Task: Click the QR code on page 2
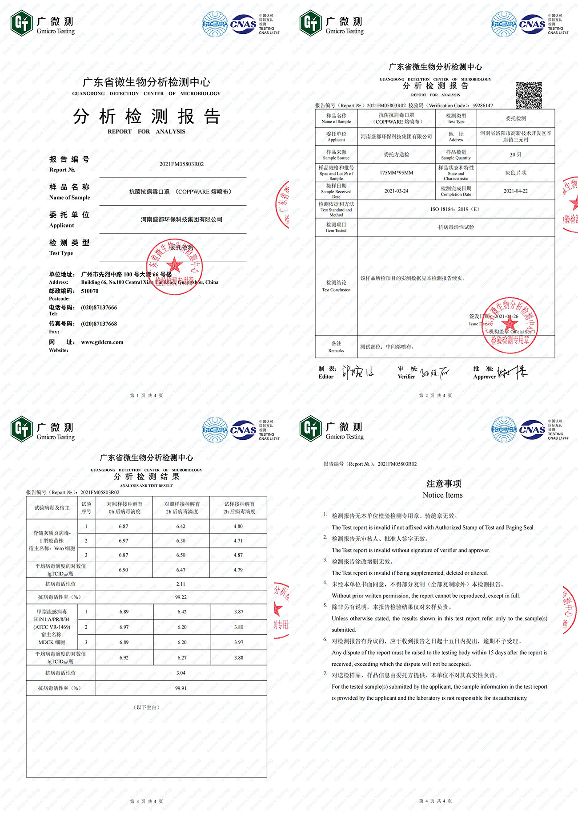529,95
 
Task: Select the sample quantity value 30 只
515,154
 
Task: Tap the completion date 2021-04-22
515,191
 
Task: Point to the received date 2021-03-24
396,191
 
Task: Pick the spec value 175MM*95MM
396,173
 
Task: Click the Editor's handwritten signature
357,372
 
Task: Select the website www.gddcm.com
102,342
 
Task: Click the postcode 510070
90,291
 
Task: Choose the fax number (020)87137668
99,324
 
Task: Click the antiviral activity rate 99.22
181,597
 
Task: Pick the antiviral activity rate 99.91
181,688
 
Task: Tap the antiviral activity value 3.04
181,673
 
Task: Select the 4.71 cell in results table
238,541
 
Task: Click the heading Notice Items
442,495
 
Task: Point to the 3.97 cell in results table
239,642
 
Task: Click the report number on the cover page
181,164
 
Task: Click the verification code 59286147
482,105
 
